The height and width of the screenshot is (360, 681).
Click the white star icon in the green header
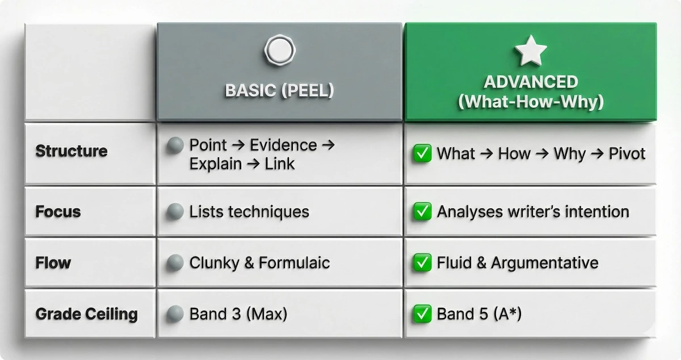(530, 51)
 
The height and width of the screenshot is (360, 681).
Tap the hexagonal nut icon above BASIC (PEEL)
(279, 51)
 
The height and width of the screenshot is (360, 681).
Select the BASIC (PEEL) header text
(279, 91)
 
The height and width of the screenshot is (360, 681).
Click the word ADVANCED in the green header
(531, 82)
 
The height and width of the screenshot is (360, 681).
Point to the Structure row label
(72, 151)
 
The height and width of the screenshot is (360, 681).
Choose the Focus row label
(58, 212)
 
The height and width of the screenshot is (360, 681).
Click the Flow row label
(53, 263)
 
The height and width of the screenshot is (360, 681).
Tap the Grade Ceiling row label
(86, 313)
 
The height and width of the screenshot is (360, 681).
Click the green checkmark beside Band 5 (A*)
(422, 313)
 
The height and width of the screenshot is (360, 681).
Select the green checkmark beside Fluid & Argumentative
(422, 263)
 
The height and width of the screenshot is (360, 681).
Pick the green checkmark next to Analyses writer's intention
(422, 212)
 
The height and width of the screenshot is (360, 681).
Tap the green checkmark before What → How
(422, 153)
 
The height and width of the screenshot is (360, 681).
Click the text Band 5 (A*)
(479, 313)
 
